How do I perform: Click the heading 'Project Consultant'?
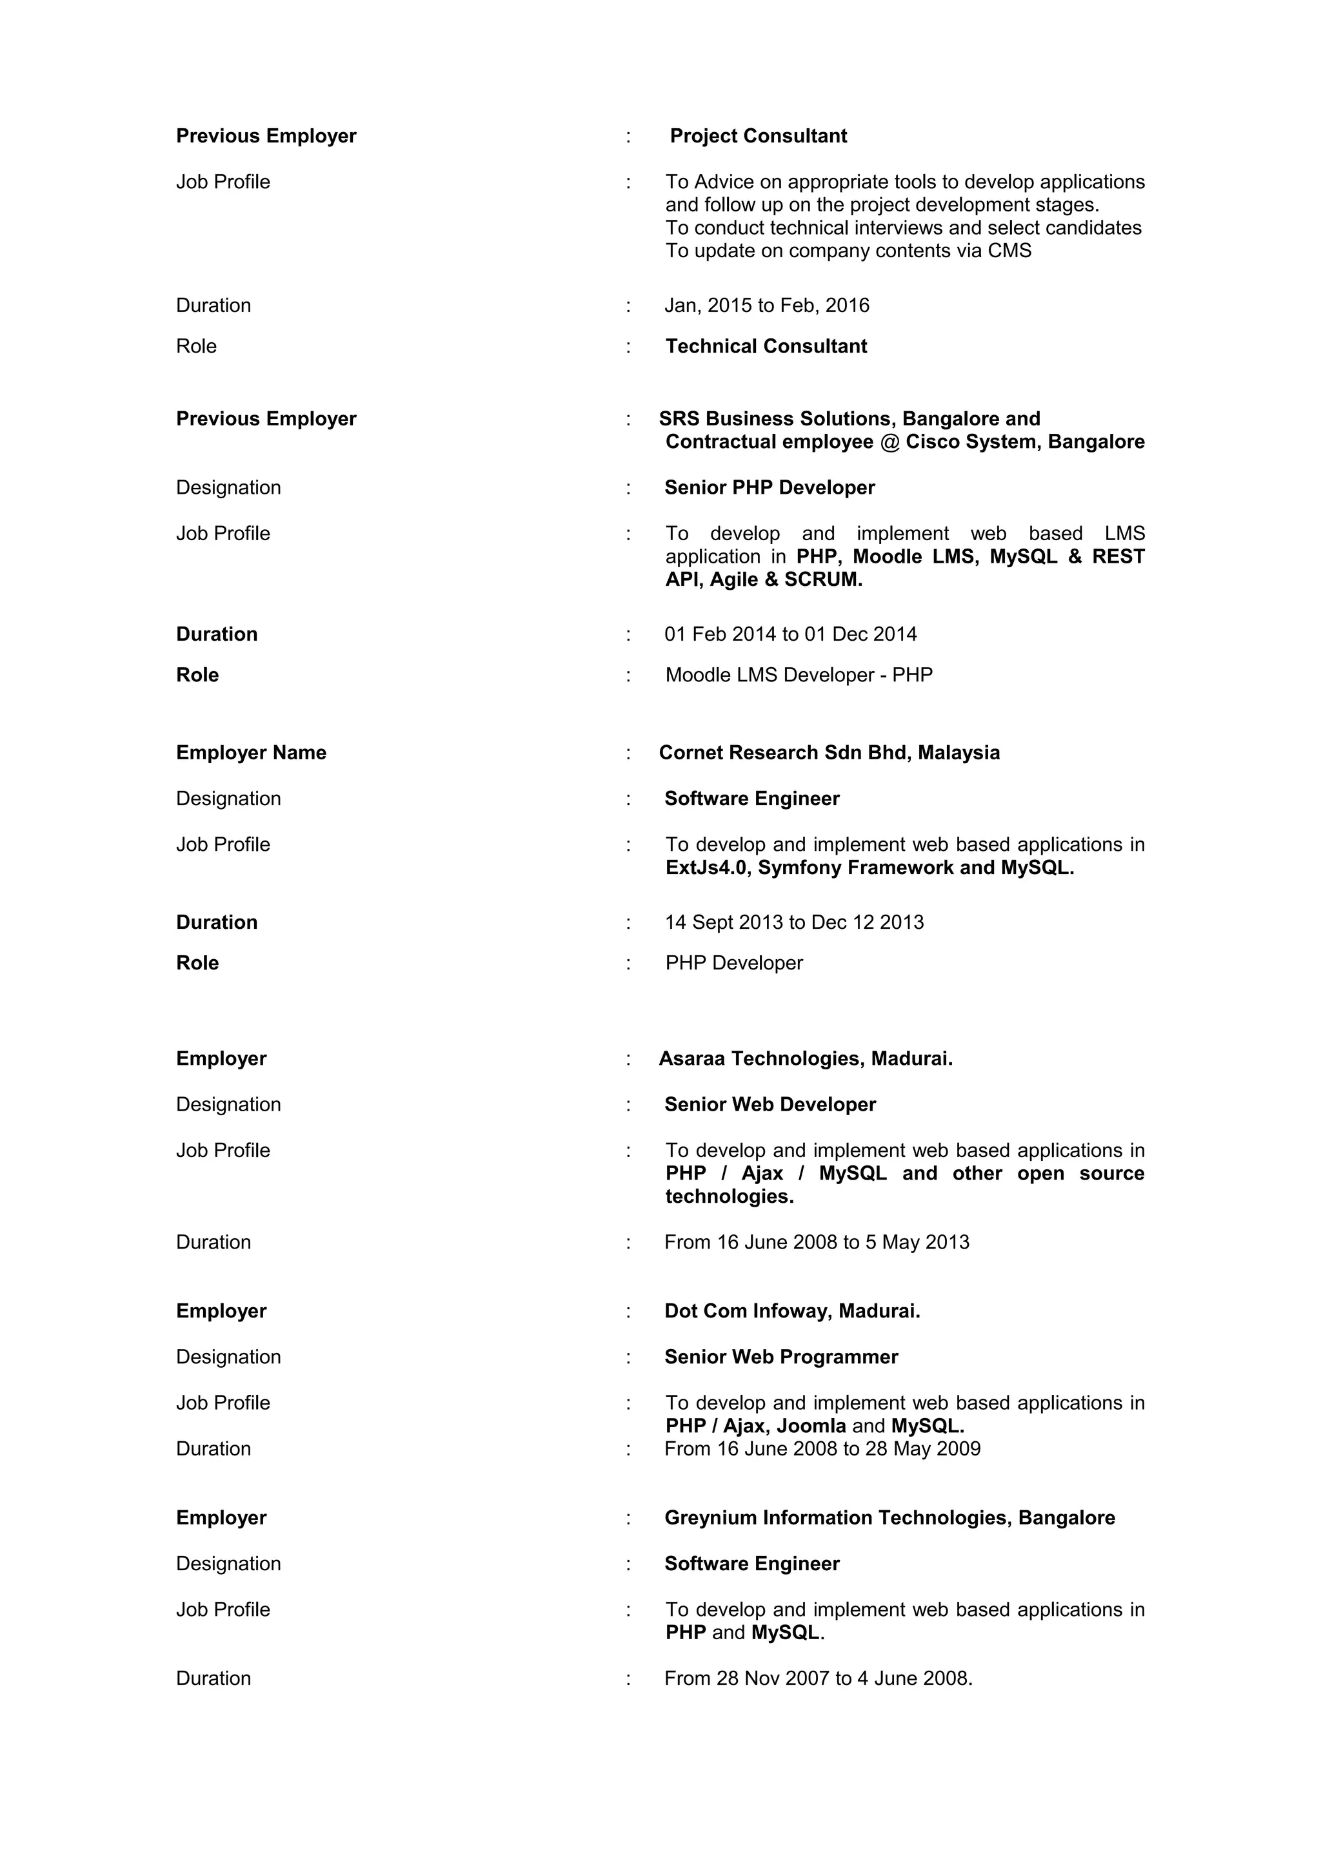[x=758, y=136]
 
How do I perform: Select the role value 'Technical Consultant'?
[x=766, y=347]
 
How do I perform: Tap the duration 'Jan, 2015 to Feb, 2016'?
[x=767, y=306]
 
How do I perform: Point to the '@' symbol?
[x=889, y=442]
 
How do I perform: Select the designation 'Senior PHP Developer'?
[x=769, y=488]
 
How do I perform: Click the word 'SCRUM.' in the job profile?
[x=823, y=580]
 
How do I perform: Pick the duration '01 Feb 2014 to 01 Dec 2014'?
[x=790, y=635]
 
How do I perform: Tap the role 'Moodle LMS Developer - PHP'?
[x=799, y=676]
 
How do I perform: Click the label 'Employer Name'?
[x=251, y=754]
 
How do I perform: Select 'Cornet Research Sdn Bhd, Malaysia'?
[x=829, y=754]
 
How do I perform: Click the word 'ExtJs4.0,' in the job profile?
[x=708, y=868]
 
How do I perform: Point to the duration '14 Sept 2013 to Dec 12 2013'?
[x=793, y=922]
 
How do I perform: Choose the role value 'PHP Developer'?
[x=733, y=963]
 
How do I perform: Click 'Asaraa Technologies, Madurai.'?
[x=805, y=1059]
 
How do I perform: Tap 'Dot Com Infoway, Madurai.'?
[x=792, y=1312]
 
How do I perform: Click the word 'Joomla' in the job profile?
[x=811, y=1426]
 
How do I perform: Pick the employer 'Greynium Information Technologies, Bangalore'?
[x=889, y=1518]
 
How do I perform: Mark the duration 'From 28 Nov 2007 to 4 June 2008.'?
[x=818, y=1678]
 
